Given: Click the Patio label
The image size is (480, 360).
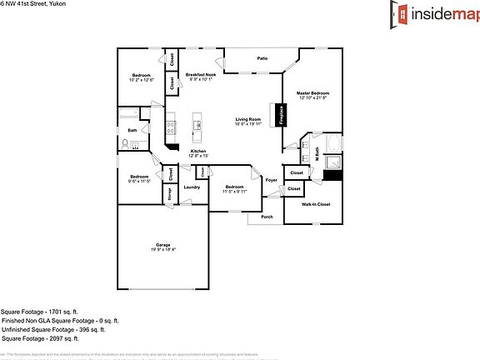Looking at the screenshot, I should coord(262,58).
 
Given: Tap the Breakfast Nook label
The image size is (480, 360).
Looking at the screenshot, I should coord(200,75).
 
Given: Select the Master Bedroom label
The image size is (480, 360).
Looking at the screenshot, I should coord(314,92).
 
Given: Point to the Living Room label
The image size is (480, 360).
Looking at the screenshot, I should coord(248,119).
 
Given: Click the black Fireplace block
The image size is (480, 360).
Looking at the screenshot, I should coord(281,114).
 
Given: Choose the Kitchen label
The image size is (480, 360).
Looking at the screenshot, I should coord(197,151).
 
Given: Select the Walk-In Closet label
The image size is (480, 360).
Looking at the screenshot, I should coord(316,204).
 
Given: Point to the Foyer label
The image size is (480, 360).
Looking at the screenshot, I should coord(271,180).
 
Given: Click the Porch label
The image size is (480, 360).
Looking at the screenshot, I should coord(267,217).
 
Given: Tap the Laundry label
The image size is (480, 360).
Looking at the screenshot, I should coord(191,187).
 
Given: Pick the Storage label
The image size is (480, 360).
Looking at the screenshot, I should coord(169,193).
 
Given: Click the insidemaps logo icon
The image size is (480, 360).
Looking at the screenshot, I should coord(403,14).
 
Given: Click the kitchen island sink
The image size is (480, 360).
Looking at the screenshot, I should coord(197,126).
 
